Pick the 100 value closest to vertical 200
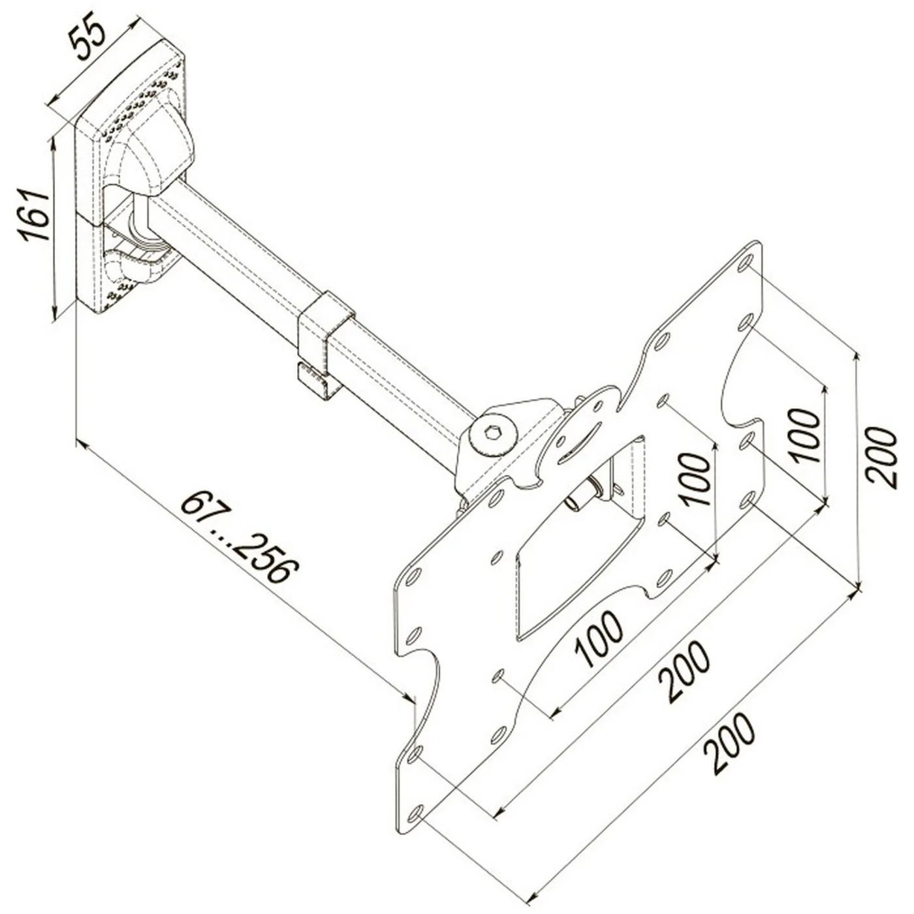[x=805, y=435]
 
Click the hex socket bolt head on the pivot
[x=492, y=432]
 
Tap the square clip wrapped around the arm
[x=324, y=326]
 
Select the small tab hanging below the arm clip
[x=319, y=381]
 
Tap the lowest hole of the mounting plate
[x=415, y=814]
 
